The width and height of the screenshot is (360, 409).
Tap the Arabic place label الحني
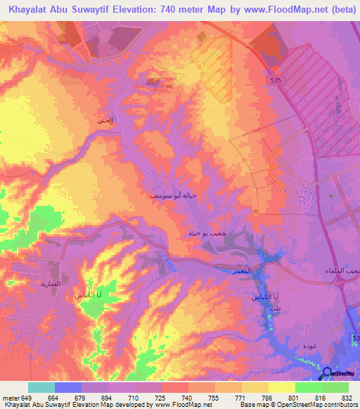[x=105, y=121]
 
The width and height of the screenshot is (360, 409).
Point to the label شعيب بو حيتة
[x=202, y=233]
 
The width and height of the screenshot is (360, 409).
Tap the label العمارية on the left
[x=70, y=283]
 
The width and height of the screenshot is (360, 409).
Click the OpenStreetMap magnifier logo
[x=328, y=373]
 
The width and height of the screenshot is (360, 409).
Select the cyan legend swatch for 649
[x=41, y=387]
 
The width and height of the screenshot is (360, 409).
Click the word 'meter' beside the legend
[x=11, y=397]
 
